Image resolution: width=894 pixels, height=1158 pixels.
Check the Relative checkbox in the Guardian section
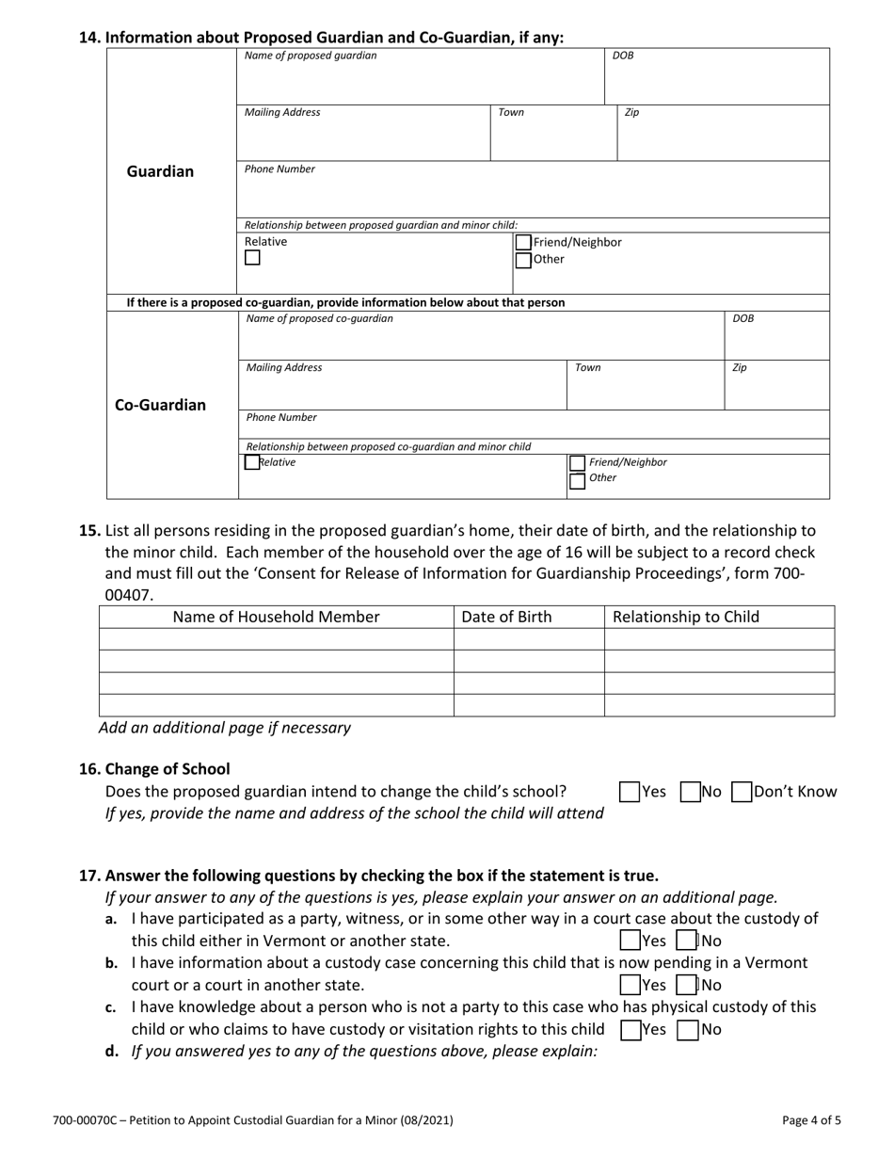(x=252, y=258)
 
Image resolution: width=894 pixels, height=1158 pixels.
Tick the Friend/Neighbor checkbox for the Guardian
(x=523, y=243)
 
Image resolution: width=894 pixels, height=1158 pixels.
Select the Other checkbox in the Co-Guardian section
(x=577, y=481)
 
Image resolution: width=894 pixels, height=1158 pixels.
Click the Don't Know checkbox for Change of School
(x=742, y=793)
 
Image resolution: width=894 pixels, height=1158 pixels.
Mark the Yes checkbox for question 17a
(x=630, y=941)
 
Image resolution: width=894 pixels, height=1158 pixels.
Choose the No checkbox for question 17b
(x=687, y=986)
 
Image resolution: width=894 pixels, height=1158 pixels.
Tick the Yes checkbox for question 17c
(x=630, y=1030)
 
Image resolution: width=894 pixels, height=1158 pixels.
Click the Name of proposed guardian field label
(x=311, y=56)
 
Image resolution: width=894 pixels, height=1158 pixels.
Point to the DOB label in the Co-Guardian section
(x=743, y=319)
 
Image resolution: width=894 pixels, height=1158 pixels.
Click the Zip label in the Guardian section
(x=632, y=113)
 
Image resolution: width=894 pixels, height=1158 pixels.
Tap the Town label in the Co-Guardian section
(x=587, y=368)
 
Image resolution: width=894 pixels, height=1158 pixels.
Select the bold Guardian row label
(x=160, y=171)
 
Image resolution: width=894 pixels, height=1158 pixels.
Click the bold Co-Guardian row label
(x=160, y=406)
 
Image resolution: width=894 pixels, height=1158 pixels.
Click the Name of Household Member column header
(x=276, y=618)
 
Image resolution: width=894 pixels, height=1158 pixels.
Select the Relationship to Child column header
(x=686, y=618)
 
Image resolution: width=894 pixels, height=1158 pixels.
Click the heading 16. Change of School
(x=154, y=769)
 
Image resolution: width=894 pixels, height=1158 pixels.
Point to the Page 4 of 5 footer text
(x=811, y=1121)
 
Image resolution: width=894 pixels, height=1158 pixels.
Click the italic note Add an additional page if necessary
(x=225, y=728)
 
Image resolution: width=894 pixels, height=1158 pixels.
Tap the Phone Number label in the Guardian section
(x=280, y=169)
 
